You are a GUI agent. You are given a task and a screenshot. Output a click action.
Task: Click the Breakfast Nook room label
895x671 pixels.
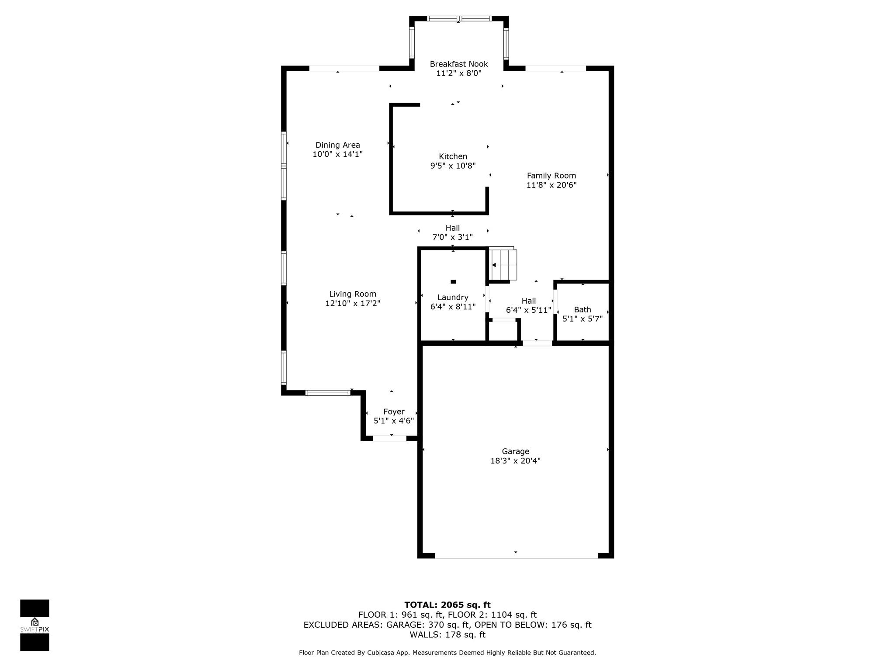point(458,64)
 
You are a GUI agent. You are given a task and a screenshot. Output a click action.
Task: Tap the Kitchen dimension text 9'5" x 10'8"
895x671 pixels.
point(453,166)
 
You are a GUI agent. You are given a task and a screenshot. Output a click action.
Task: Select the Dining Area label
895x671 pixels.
point(338,145)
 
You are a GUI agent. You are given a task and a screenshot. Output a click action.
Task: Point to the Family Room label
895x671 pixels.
point(551,176)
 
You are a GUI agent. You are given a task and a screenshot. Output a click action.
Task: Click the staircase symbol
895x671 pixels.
point(503,263)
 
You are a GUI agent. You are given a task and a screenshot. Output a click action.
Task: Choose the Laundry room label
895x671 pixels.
point(453,297)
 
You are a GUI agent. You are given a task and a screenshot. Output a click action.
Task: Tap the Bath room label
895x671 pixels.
point(583,310)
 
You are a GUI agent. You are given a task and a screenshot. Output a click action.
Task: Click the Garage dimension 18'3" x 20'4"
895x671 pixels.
point(515,461)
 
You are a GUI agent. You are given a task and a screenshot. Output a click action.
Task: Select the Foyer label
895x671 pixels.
point(394,412)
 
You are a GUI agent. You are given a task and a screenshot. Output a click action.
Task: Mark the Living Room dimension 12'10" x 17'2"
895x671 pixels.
point(353,304)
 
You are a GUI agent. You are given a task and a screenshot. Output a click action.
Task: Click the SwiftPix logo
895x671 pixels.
point(35,625)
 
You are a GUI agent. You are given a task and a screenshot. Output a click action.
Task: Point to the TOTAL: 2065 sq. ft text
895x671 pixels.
point(447,605)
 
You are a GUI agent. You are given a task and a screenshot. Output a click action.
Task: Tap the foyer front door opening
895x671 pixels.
point(389,439)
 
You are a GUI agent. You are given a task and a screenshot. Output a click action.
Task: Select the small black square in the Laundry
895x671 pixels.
point(453,282)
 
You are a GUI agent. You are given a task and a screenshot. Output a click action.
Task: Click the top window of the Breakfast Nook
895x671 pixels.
point(459,18)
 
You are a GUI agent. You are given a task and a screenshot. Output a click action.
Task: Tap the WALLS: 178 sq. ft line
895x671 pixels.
point(447,635)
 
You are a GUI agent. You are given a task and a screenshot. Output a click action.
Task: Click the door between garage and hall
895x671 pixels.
point(538,343)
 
